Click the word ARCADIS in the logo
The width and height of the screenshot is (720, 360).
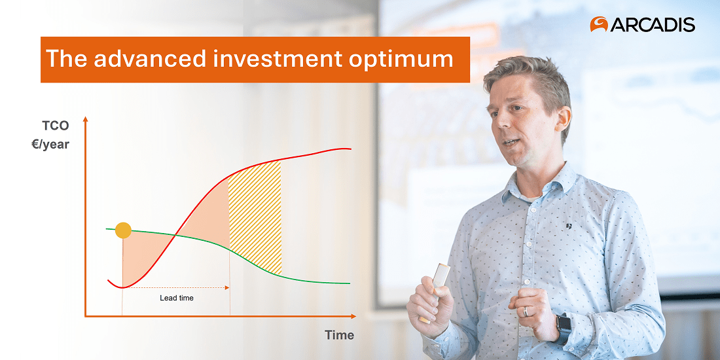coord(653,25)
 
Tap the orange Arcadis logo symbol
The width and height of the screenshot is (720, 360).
coord(599,25)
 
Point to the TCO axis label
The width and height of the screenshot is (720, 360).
coord(56,127)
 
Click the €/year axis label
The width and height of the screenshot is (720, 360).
coord(50,145)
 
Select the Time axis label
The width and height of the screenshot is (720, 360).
coord(339,335)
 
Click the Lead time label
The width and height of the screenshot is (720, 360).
coord(177,298)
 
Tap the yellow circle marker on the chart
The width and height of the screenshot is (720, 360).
coord(123,230)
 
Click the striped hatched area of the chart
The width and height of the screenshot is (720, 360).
coord(255,216)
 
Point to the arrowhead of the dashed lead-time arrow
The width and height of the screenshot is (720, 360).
coord(226,287)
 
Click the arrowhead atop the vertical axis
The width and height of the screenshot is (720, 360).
coord(84,120)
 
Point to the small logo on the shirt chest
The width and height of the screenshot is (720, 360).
coord(569,226)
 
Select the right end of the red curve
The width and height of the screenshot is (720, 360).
coord(350,149)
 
